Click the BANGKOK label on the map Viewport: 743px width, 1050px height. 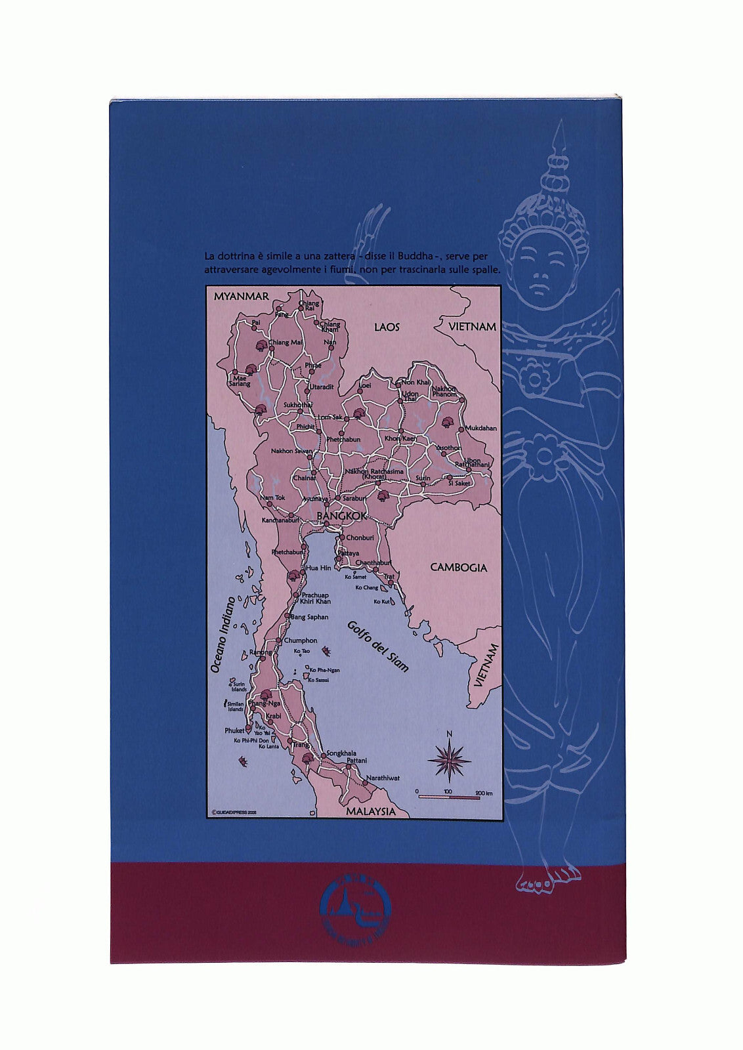click(x=341, y=517)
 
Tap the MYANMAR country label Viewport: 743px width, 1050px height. click(x=241, y=297)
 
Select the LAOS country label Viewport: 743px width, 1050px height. click(x=387, y=327)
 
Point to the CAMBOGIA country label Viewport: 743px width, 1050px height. click(x=458, y=568)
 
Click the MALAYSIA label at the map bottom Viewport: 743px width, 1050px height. click(x=371, y=811)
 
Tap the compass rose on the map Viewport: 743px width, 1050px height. click(x=450, y=759)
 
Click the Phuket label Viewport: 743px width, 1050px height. click(x=234, y=730)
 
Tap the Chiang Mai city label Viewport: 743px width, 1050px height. click(x=286, y=343)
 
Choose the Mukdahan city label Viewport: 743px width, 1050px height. click(x=479, y=428)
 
